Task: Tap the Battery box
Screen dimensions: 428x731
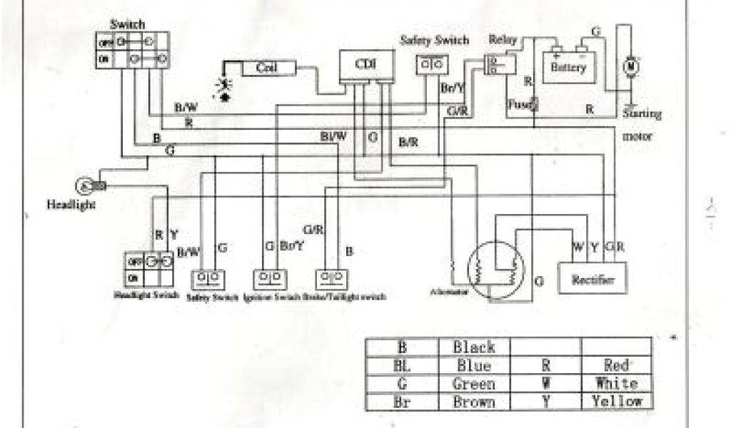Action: point(568,67)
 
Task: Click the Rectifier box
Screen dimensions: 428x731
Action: point(593,279)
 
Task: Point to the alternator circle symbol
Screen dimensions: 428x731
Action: point(493,269)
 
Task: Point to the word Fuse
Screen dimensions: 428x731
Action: point(517,104)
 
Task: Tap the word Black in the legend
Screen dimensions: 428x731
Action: point(473,347)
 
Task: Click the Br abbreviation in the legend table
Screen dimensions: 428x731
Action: point(402,401)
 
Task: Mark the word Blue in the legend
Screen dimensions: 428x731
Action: point(473,365)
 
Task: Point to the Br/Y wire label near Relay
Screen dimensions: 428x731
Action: point(453,88)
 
